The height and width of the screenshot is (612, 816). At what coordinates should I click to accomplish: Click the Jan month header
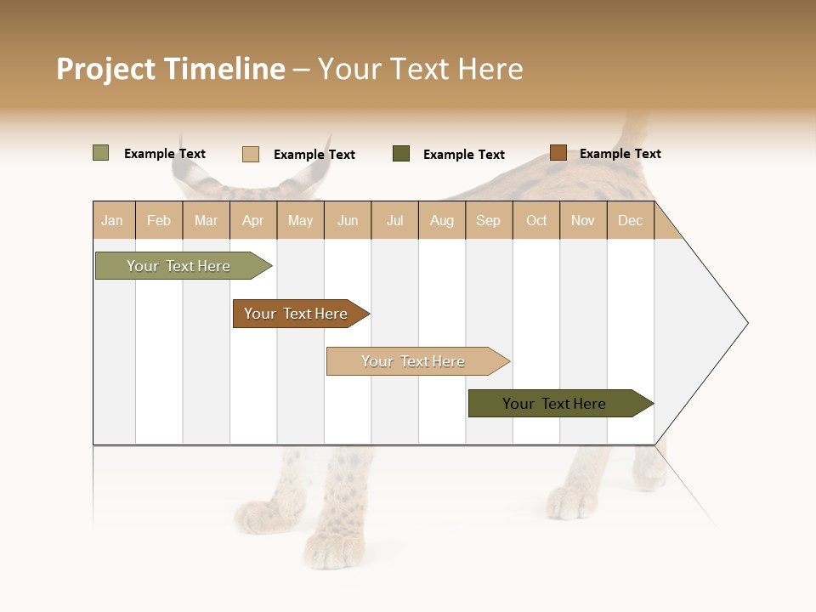tap(113, 220)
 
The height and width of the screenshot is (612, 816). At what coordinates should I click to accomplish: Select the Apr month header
tap(253, 220)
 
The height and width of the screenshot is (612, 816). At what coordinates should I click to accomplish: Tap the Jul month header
tap(395, 220)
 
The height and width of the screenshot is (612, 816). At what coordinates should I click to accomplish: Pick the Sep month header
tap(489, 220)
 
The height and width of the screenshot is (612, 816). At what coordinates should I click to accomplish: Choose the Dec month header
tap(631, 220)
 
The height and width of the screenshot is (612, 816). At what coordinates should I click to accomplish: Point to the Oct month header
tap(536, 220)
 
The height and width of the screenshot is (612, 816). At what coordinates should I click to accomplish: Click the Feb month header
tap(159, 220)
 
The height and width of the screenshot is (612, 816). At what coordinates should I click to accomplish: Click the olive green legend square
tap(101, 153)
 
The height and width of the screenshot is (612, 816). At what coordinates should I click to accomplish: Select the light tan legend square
tap(251, 154)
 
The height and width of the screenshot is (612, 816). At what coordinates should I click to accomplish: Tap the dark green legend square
tap(401, 154)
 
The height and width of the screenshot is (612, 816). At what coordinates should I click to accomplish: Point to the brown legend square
tap(558, 153)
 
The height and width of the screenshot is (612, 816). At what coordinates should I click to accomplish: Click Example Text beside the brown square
tap(620, 154)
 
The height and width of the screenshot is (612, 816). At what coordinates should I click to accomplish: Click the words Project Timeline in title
tap(170, 69)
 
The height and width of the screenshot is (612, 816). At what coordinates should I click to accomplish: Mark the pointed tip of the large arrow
tap(746, 323)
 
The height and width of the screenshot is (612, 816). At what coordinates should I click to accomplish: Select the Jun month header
tap(348, 220)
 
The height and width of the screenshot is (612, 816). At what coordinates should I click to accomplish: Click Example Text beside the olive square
tap(165, 154)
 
